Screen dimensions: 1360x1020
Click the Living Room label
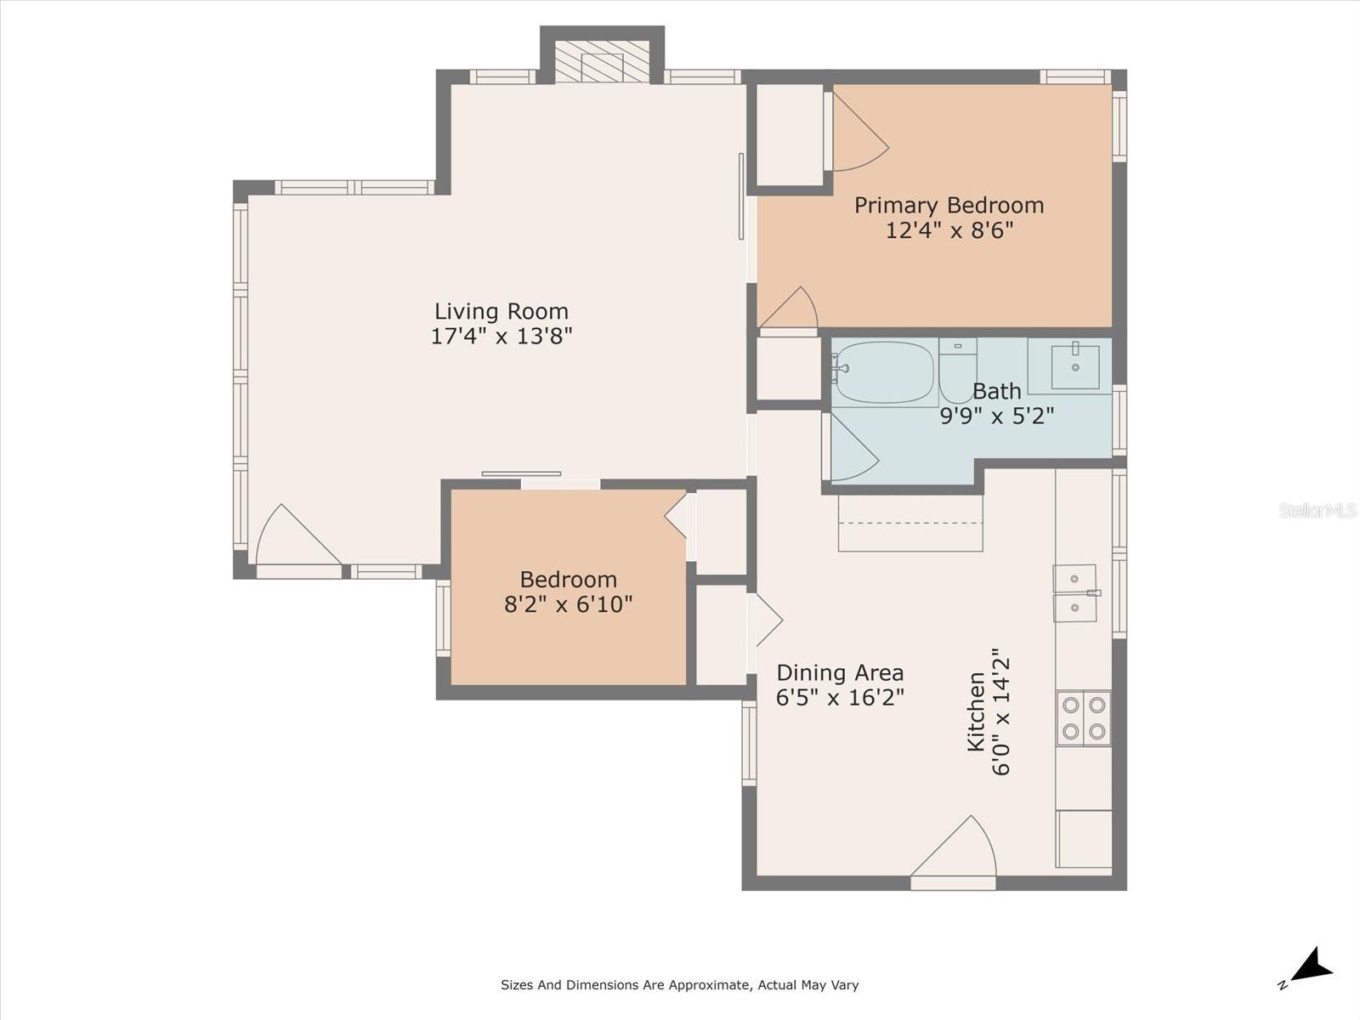point(501,311)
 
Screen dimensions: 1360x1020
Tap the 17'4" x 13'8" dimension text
point(501,337)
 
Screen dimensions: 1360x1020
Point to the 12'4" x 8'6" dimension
point(949,231)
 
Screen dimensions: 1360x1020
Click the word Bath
point(997,391)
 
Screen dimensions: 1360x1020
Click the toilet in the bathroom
point(958,371)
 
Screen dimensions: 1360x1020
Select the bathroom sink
point(1075,366)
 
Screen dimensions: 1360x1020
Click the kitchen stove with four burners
point(1084,718)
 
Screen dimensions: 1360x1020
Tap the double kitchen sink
point(1076,593)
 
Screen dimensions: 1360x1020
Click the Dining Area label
point(840,672)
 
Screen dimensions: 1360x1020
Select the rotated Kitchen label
point(976,712)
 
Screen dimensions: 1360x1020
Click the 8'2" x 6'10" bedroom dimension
point(568,603)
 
